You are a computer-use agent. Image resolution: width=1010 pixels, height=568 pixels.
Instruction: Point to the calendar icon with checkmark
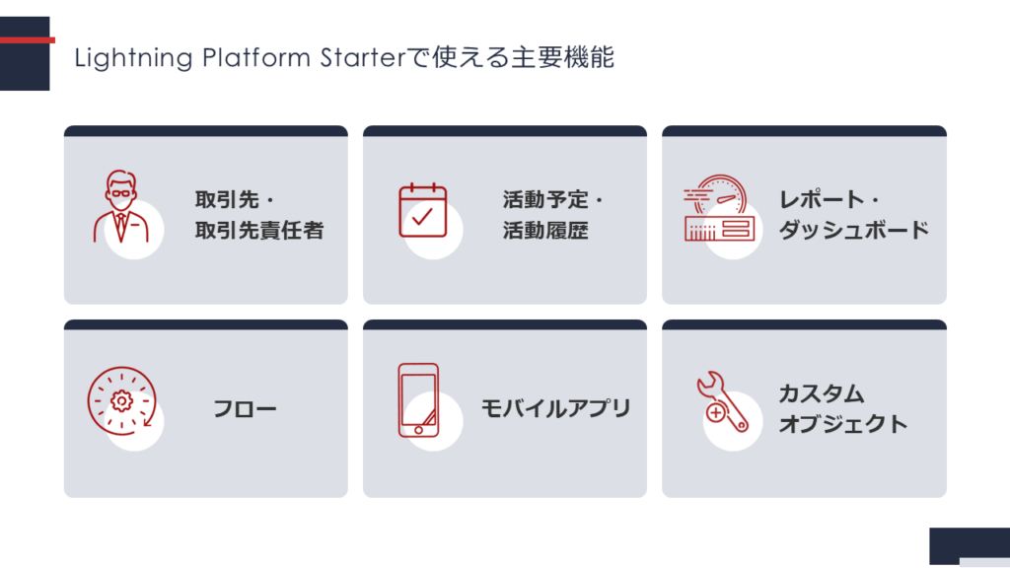coord(422,211)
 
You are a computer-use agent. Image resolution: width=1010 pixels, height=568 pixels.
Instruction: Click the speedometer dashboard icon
coord(720,209)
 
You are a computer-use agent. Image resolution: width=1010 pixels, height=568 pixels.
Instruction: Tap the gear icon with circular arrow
coord(121,400)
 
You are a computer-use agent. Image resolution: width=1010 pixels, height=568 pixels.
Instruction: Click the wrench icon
coord(722,401)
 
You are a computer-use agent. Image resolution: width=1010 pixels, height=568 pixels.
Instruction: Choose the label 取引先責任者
coord(258,231)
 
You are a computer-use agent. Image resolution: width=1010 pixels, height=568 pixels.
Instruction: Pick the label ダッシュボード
coord(853,231)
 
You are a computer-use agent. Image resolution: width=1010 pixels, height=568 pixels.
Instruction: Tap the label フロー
coord(245,408)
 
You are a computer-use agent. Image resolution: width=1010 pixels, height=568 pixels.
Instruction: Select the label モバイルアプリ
coord(555,408)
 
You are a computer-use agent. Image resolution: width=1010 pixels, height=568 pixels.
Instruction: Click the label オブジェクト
coord(842,424)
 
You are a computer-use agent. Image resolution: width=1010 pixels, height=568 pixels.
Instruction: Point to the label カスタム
coord(822,393)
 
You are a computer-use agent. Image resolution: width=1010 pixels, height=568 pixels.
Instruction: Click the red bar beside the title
coord(27,40)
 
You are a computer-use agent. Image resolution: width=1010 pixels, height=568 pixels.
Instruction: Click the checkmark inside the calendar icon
coord(423,217)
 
